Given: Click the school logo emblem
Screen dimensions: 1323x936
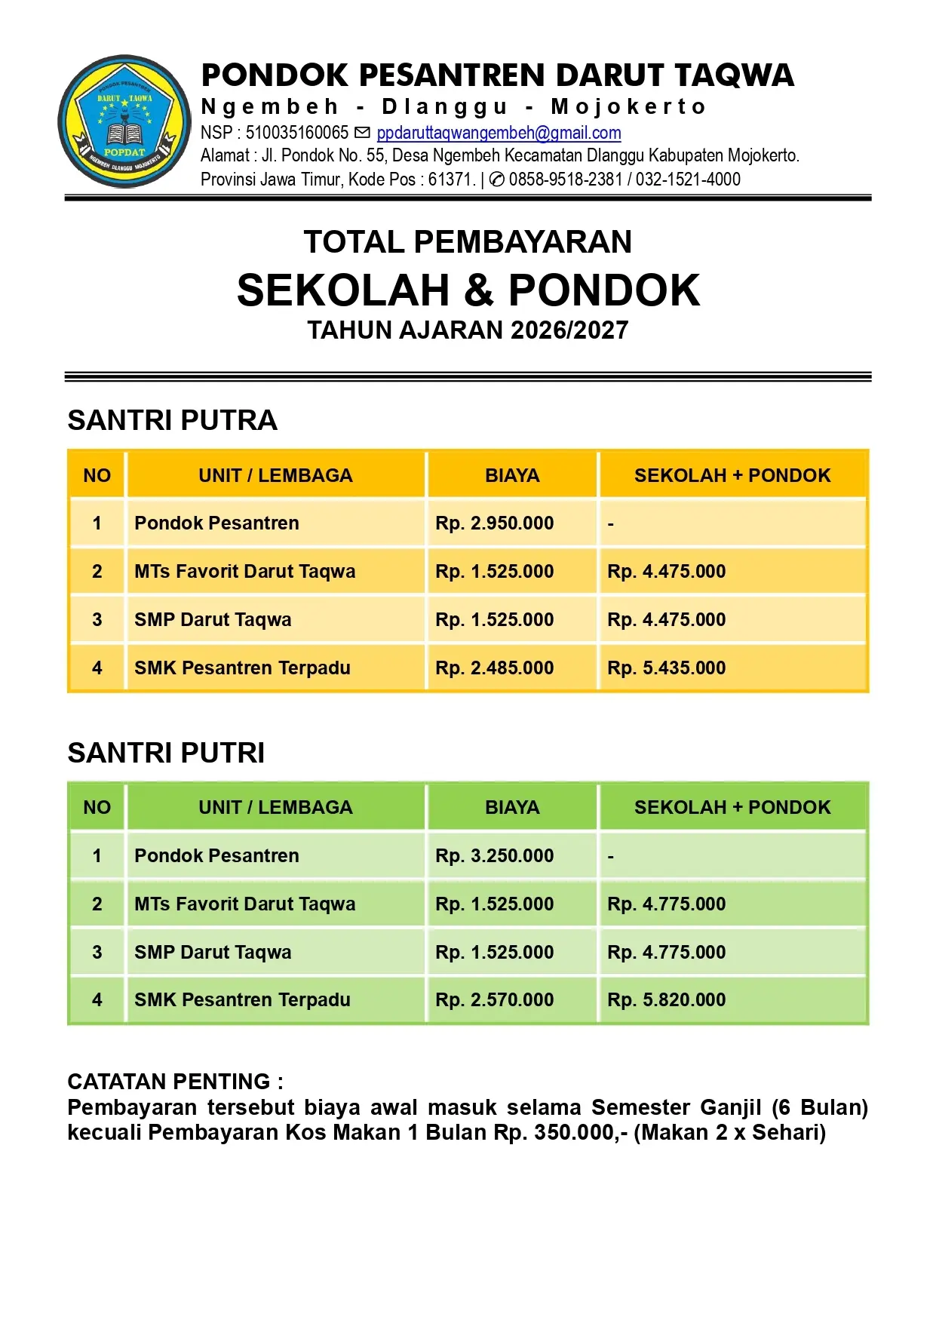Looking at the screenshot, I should [124, 121].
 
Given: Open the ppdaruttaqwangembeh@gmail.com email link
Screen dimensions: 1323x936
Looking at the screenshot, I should [499, 134].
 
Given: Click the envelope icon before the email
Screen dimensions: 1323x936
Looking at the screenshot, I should [363, 134].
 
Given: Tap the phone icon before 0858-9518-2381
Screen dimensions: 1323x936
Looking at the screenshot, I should [497, 180].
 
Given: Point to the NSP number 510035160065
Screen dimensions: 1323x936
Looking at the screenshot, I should [296, 134].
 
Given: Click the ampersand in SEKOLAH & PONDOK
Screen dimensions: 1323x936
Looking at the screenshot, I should [478, 291].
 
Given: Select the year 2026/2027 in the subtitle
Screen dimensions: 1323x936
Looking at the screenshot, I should [569, 330].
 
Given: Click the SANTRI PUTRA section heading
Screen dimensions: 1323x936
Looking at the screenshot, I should [173, 420].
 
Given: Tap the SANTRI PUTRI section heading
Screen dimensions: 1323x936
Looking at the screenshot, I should [166, 753].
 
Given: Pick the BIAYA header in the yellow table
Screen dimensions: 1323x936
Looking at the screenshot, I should [512, 475].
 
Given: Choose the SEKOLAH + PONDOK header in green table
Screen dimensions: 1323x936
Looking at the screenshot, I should [732, 807].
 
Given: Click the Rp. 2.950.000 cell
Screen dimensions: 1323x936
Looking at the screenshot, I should [494, 523].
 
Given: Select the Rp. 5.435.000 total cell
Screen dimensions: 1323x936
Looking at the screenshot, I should [666, 668].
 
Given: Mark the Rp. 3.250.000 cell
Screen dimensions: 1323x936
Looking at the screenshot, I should [494, 855].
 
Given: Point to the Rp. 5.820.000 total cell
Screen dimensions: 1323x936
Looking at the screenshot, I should [666, 999].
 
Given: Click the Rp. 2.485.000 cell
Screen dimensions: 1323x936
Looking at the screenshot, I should [494, 668].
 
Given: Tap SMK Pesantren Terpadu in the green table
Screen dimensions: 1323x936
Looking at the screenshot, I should [242, 999].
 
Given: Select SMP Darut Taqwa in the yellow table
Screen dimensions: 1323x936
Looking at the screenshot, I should [213, 619].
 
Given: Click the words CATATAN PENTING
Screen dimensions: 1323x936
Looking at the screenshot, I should [168, 1082].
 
